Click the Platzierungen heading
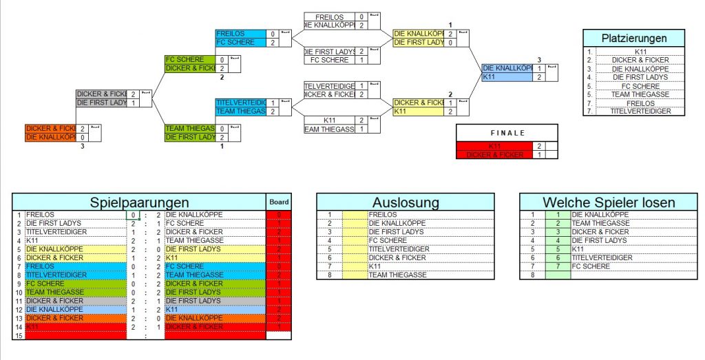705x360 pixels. click(x=633, y=38)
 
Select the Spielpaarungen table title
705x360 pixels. click(x=140, y=202)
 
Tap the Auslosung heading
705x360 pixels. click(x=405, y=202)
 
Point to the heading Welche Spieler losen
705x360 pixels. click(x=609, y=202)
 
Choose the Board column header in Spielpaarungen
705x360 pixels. click(x=279, y=202)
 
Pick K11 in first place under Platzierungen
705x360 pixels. click(x=640, y=52)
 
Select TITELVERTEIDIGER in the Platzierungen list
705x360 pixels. click(x=640, y=112)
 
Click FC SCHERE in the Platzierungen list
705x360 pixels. click(x=640, y=86)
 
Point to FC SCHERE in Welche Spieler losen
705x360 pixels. click(x=591, y=266)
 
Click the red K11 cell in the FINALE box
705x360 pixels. click(x=494, y=146)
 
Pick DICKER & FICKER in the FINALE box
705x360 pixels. click(x=494, y=155)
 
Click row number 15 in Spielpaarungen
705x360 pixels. click(x=19, y=336)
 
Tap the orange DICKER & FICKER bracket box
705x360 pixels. click(x=50, y=129)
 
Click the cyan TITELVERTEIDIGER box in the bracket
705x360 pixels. click(x=240, y=103)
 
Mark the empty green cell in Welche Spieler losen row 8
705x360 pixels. click(x=558, y=275)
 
